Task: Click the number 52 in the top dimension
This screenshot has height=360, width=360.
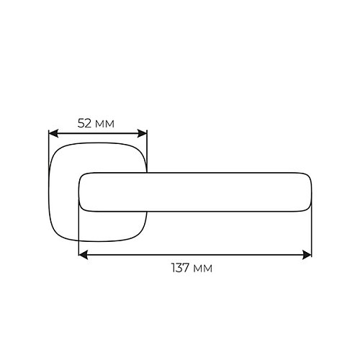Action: click(x=84, y=123)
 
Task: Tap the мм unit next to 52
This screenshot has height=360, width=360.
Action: click(x=104, y=125)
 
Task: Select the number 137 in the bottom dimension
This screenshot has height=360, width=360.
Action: click(x=181, y=268)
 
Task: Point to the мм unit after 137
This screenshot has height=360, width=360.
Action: click(x=203, y=269)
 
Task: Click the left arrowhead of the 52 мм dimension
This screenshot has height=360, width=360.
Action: click(x=53, y=133)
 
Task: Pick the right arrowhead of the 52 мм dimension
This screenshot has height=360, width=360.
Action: click(x=142, y=133)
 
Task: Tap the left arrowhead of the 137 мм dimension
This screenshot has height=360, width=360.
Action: click(x=84, y=255)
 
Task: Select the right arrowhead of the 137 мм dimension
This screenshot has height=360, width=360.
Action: click(x=307, y=255)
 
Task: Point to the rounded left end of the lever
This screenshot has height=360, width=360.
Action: click(x=80, y=192)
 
